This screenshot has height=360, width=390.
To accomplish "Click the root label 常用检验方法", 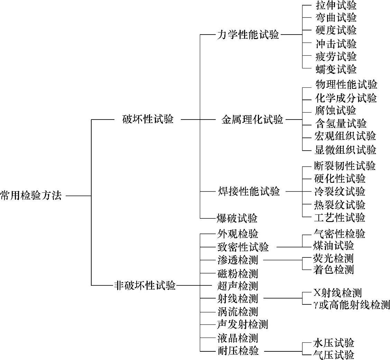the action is tap(31, 196).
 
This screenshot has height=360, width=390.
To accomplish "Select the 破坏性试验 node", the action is tap(148, 120).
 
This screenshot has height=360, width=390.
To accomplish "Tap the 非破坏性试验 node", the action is tap(145, 286).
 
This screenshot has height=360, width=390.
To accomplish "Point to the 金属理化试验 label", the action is tap(252, 120).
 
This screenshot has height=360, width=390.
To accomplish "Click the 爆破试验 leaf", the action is tap(237, 218).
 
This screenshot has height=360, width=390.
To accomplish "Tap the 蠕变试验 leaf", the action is tap(336, 69).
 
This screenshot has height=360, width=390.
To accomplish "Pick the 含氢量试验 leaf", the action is tap(341, 123).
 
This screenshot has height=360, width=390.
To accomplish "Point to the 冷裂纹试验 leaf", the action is tap(340, 192).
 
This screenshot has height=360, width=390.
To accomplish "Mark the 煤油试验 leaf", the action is tap(333, 246).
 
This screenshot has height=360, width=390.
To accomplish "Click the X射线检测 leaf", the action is tap(337, 293).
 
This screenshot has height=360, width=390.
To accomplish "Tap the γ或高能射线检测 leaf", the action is tap(351, 305).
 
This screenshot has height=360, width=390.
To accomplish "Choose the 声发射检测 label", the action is tap(242, 324).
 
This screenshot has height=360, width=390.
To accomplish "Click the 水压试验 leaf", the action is tap(334, 343).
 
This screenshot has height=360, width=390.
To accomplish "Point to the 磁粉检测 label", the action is tap(238, 274).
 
